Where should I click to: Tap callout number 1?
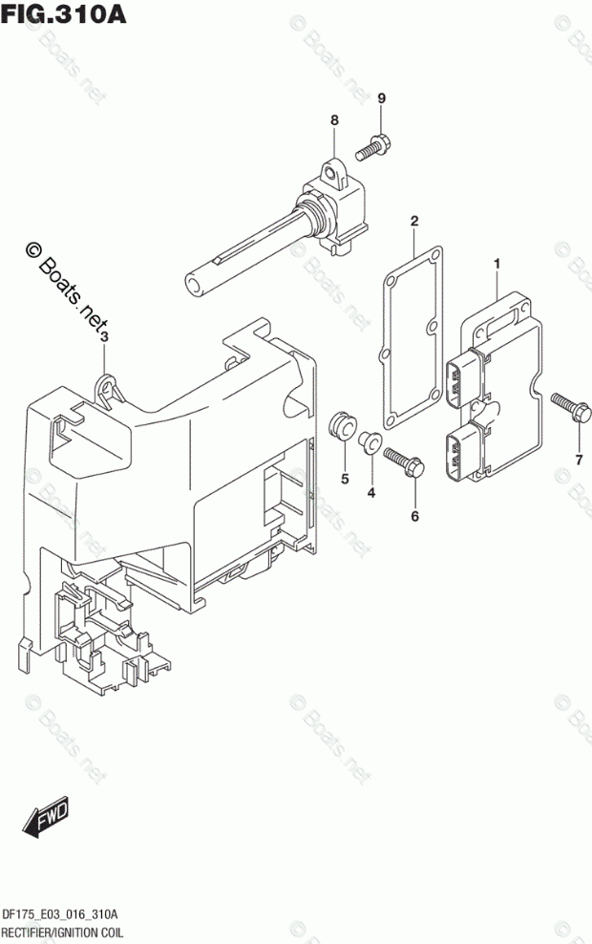click(497, 263)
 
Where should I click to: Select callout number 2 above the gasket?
click(414, 223)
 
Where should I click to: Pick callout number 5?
click(345, 478)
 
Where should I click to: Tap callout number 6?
click(414, 517)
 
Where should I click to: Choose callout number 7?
click(578, 461)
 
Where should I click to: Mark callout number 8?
click(334, 120)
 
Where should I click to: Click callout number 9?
click(381, 98)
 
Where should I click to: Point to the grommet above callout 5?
click(341, 425)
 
